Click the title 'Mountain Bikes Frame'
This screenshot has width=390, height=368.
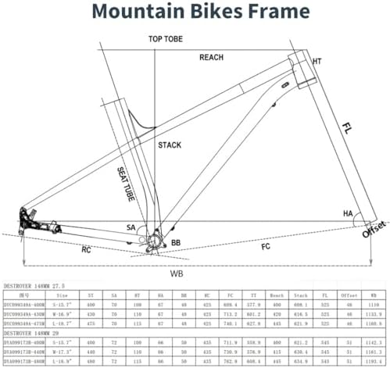[195, 13]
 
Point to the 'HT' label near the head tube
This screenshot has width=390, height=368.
[317, 61]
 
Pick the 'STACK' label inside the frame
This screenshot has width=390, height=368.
[170, 145]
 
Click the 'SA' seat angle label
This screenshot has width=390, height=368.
[132, 227]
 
